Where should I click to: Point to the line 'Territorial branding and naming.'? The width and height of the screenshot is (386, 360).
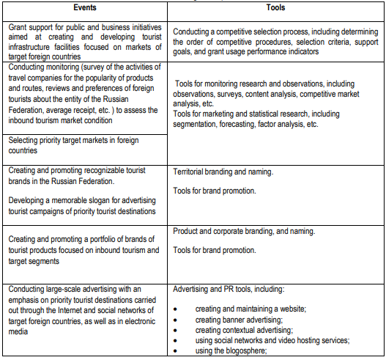coord(223,172)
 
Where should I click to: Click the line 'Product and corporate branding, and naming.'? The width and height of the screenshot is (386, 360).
coord(244,232)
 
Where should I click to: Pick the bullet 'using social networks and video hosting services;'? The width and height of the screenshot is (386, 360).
coord(272,340)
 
